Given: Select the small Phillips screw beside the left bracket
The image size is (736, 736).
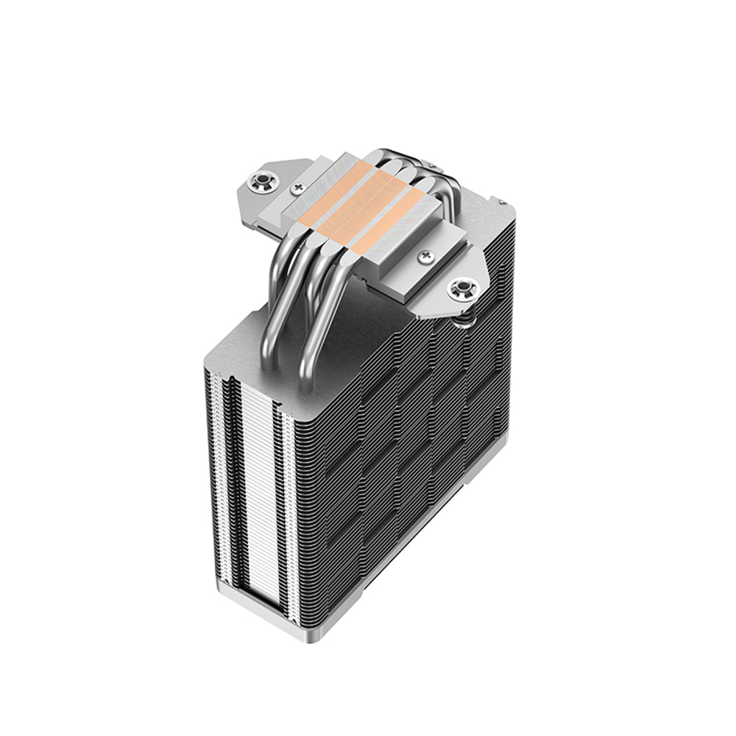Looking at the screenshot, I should coord(297,188).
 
